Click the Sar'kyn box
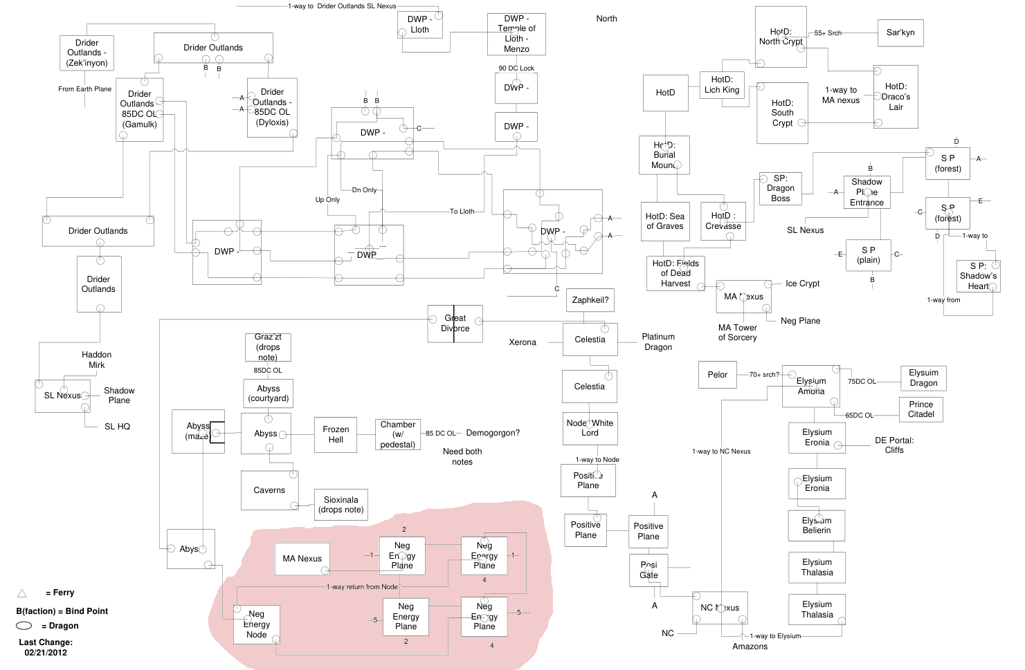(900, 32)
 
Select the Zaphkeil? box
(590, 300)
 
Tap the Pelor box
(718, 375)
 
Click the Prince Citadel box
(921, 409)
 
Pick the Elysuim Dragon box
(923, 378)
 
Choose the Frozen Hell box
(336, 434)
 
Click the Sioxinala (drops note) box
(341, 505)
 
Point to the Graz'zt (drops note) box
(268, 347)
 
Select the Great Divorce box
(455, 324)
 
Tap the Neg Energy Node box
(256, 624)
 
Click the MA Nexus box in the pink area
(302, 559)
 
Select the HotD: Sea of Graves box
(664, 221)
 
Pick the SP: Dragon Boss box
(780, 189)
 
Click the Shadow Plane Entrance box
(867, 192)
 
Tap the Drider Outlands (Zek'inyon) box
(87, 53)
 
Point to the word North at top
(606, 19)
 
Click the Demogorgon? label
(493, 433)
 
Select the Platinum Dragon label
(658, 342)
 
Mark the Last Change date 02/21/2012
(46, 653)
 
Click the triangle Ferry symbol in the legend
(22, 593)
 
